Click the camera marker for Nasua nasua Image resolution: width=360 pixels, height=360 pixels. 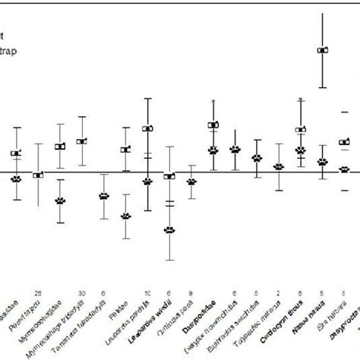coord(323,50)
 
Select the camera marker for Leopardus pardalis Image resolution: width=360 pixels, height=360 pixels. coord(148,128)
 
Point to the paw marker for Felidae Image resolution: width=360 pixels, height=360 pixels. coord(126,216)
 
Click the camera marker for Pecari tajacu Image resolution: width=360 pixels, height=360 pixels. coord(38,175)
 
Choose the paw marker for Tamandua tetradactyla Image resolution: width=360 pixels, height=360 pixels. coord(104,195)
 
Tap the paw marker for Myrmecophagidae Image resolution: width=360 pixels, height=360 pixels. coord(60,201)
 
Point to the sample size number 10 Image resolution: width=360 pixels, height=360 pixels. coord(147,290)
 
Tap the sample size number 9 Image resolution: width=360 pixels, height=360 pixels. coord(191,290)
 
